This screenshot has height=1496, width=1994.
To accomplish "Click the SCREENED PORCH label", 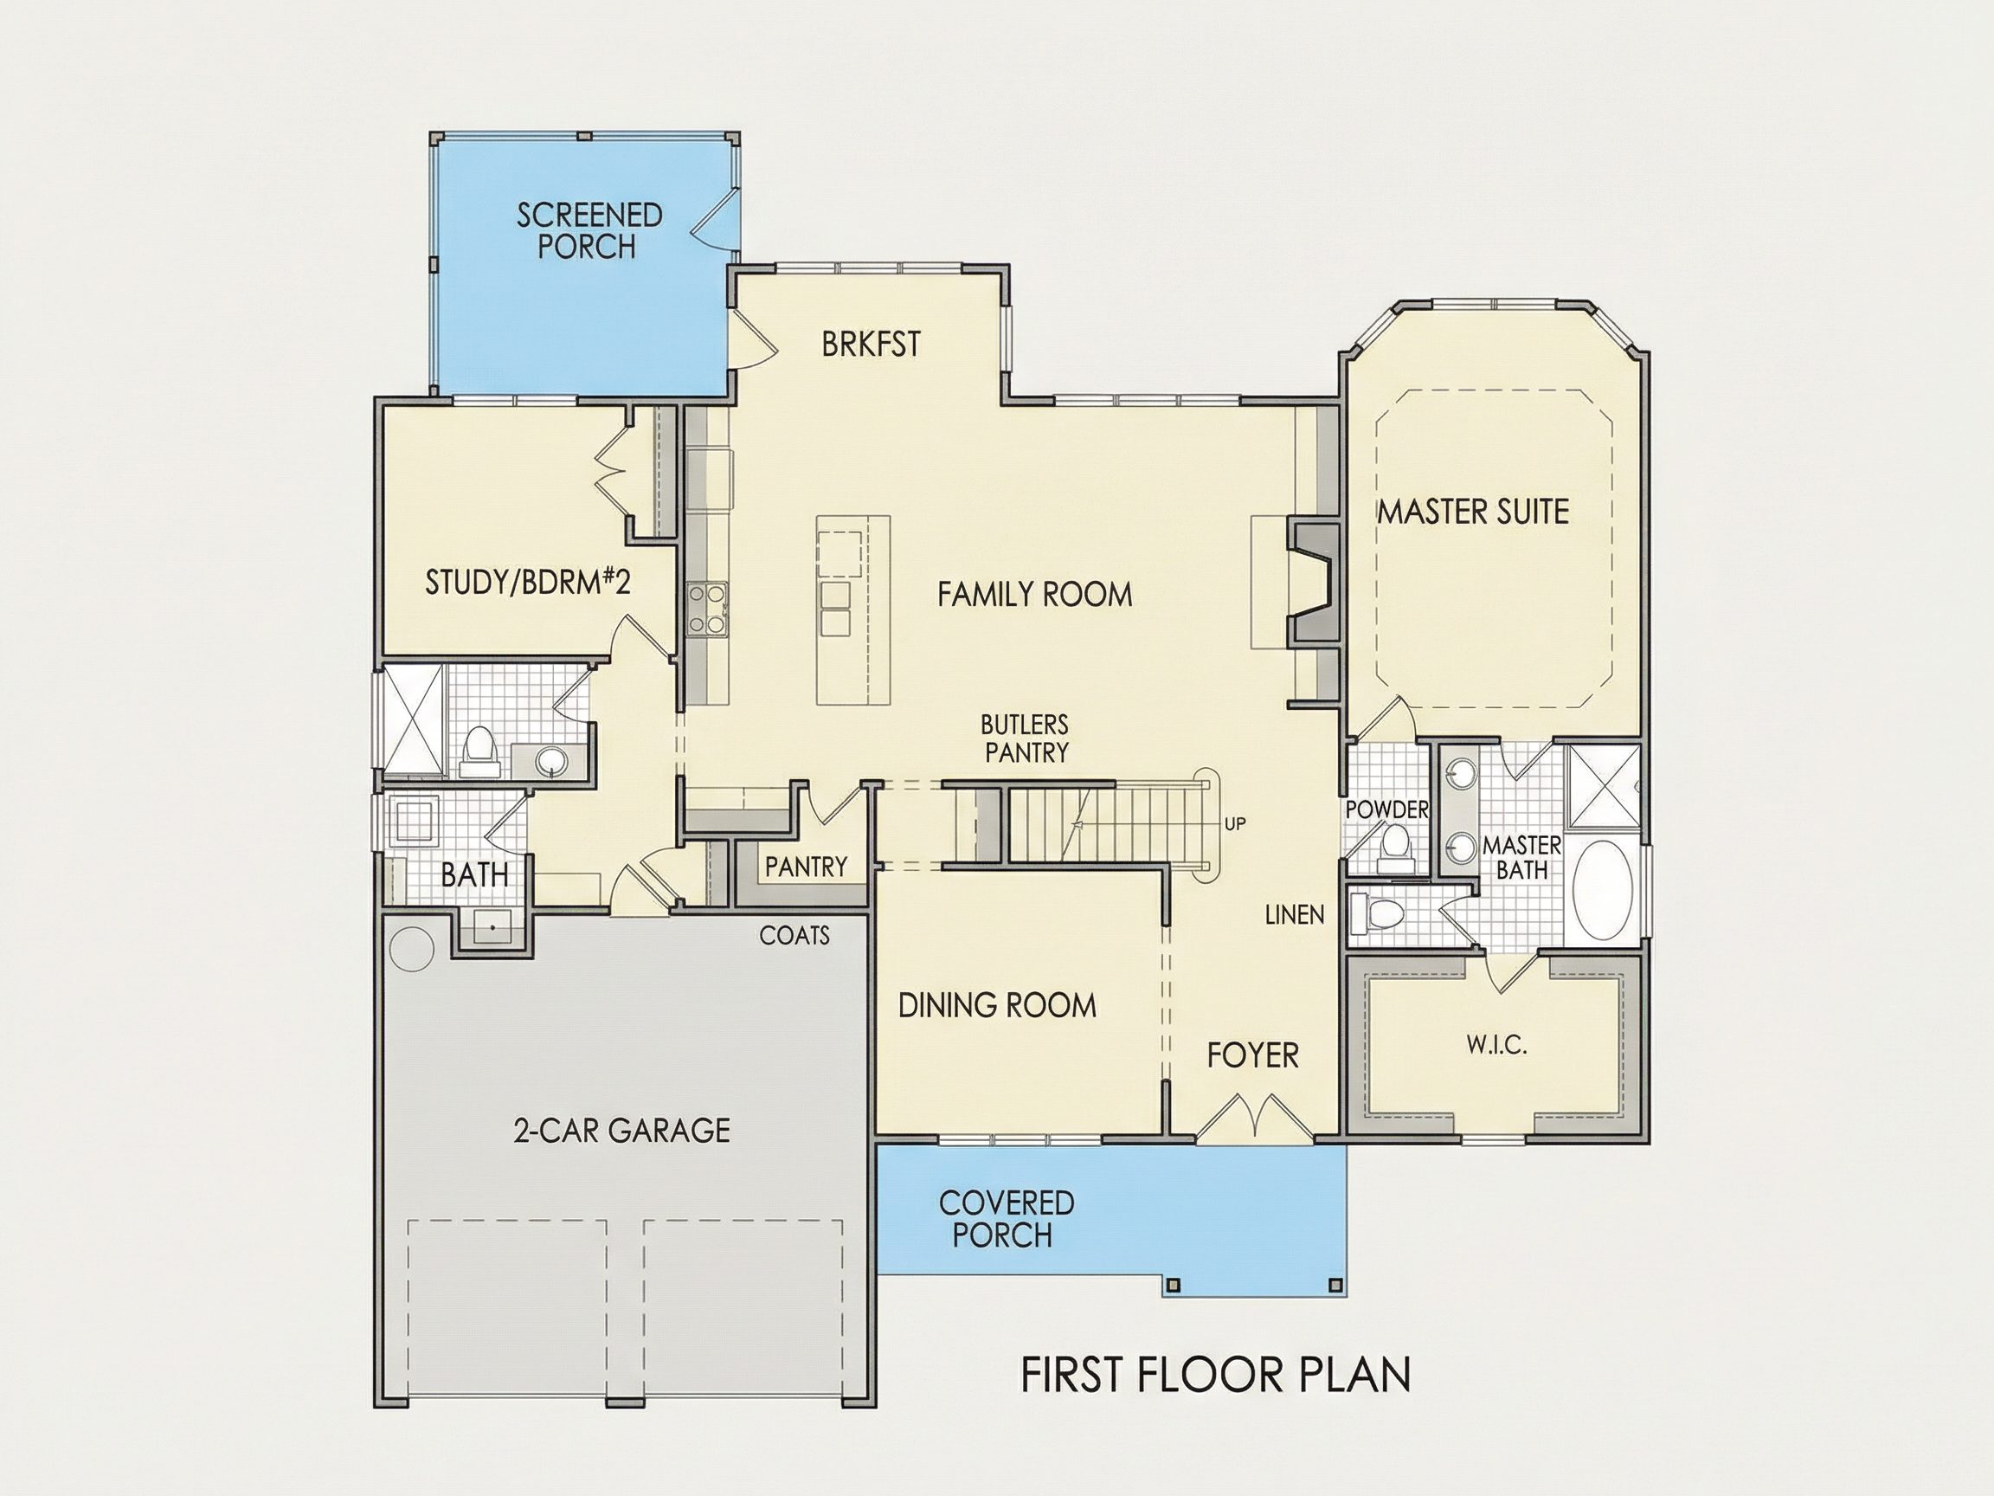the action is (x=589, y=231).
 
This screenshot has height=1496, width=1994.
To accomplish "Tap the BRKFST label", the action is (x=871, y=344).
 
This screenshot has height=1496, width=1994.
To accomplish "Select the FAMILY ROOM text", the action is (x=1035, y=594).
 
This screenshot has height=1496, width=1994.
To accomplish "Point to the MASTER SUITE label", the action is (x=1474, y=512).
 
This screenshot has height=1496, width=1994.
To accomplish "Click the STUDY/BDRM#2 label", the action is (x=527, y=582).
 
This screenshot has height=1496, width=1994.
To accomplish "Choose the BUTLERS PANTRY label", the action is (x=1025, y=738).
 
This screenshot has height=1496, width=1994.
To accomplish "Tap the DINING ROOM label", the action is (x=997, y=1005).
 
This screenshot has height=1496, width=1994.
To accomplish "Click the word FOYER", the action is (x=1253, y=1055).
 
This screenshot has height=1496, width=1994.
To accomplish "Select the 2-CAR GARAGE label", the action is (x=622, y=1130).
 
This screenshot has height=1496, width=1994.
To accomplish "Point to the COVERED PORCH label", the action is (x=1006, y=1218).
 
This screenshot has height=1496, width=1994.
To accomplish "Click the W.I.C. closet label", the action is (x=1496, y=1045).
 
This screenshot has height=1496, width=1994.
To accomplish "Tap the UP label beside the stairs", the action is (x=1235, y=824).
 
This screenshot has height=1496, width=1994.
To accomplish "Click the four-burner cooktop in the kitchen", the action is (x=708, y=609).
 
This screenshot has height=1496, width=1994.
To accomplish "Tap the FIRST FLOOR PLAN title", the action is (x=1216, y=1374).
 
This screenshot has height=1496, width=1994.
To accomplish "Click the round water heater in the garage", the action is (x=411, y=949).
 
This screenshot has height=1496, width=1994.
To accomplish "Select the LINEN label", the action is (x=1295, y=915).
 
